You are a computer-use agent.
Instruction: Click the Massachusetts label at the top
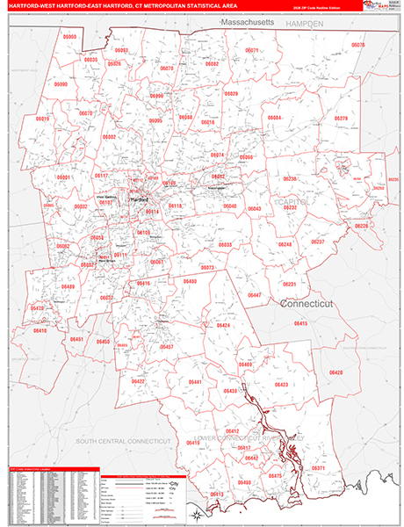(249, 19)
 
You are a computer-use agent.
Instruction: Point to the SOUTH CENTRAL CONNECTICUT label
(121, 439)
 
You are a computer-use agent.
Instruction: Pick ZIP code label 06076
(357, 43)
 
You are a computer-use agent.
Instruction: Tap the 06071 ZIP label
(252, 51)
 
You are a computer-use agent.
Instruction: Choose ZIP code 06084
(274, 117)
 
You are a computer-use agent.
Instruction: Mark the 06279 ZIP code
(342, 119)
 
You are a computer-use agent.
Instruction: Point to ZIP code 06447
(255, 294)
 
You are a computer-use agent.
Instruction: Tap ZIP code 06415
(300, 324)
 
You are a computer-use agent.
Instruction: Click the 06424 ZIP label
(223, 326)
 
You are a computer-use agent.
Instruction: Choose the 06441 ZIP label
(195, 382)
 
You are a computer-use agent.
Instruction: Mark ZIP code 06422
(138, 381)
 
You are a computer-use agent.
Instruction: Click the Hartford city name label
(139, 199)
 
